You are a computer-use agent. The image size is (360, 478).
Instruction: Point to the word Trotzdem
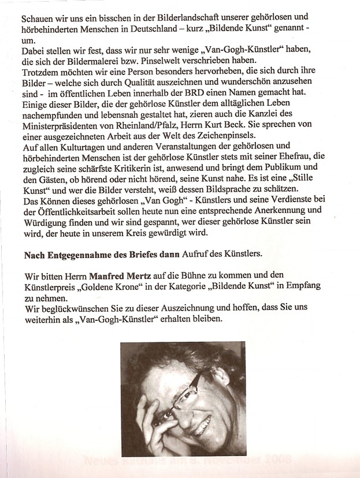42,73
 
